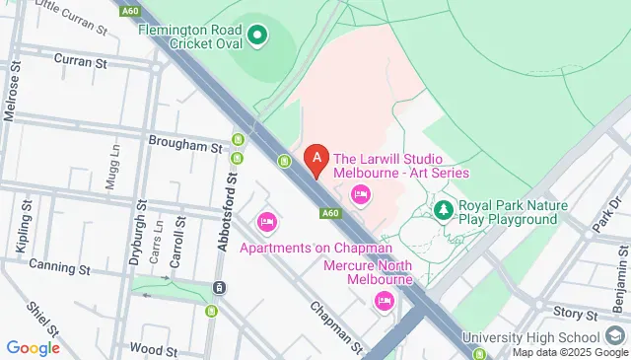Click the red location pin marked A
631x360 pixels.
(x=315, y=158)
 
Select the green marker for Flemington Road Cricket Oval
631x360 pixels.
(x=258, y=37)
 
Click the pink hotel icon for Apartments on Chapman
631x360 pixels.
(x=266, y=222)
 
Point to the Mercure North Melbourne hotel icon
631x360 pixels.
(x=385, y=303)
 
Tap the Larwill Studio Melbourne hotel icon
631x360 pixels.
(x=360, y=194)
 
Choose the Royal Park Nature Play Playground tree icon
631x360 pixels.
(x=445, y=210)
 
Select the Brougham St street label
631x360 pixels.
(x=185, y=146)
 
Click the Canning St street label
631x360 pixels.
(x=59, y=266)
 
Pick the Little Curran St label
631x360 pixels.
(x=70, y=14)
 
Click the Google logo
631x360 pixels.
(x=33, y=347)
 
